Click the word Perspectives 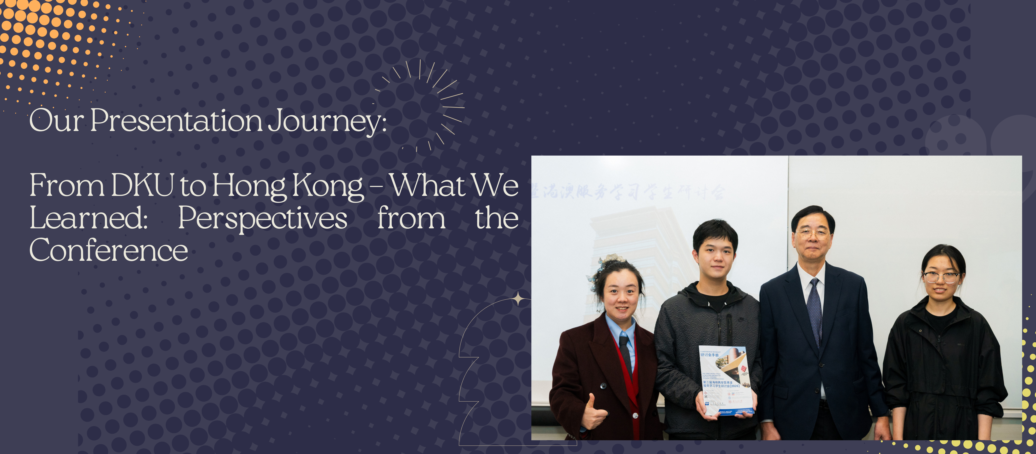point(262,218)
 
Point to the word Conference point(109,250)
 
